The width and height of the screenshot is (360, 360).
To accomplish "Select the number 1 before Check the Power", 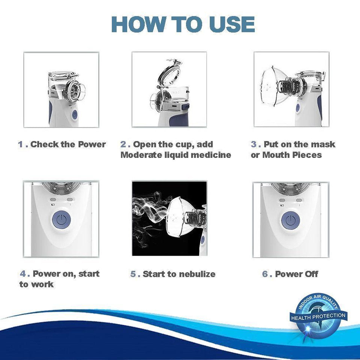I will point(21,144).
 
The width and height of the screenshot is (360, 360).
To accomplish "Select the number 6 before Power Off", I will point(265,274).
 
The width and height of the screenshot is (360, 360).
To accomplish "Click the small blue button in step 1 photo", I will point(74,115).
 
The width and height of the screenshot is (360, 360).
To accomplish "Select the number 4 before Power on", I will point(23,274).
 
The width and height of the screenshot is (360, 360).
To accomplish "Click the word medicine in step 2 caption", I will point(211,155).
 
